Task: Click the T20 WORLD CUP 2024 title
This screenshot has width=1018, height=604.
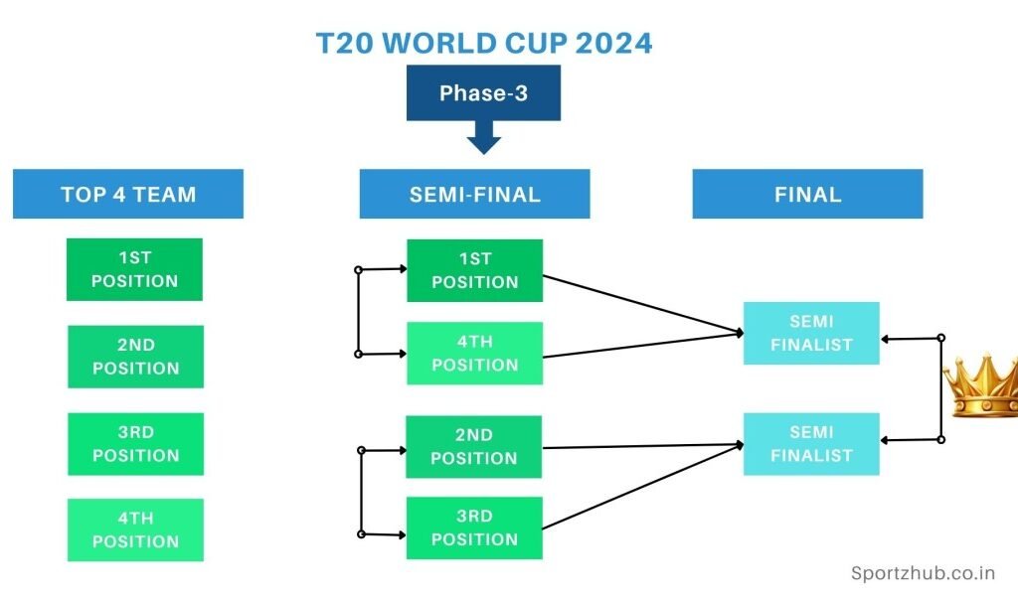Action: (484, 44)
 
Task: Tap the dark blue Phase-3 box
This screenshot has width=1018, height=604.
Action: (484, 92)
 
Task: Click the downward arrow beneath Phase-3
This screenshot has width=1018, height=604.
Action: (484, 137)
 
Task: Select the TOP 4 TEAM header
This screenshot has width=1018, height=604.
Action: (128, 194)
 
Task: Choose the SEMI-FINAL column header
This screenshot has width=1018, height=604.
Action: (474, 194)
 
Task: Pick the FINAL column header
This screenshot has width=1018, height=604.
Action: (807, 194)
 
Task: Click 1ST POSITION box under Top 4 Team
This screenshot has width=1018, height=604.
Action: (134, 269)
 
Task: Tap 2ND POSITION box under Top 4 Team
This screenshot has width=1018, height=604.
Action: (135, 357)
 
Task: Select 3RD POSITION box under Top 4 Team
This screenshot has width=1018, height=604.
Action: (135, 444)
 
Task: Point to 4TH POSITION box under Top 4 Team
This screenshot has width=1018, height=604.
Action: (135, 529)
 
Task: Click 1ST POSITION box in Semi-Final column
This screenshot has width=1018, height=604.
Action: (474, 270)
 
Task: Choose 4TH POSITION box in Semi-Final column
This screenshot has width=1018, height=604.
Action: (474, 353)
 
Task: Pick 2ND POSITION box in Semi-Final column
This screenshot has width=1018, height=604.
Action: (474, 446)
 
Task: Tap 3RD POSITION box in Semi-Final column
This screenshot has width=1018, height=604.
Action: (474, 528)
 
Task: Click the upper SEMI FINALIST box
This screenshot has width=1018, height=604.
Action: (811, 333)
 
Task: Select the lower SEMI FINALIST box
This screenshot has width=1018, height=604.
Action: (811, 444)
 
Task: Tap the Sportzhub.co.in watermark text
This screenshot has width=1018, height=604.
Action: (923, 573)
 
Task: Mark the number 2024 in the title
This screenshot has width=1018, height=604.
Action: (613, 44)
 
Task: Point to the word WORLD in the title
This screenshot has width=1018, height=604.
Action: (439, 44)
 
